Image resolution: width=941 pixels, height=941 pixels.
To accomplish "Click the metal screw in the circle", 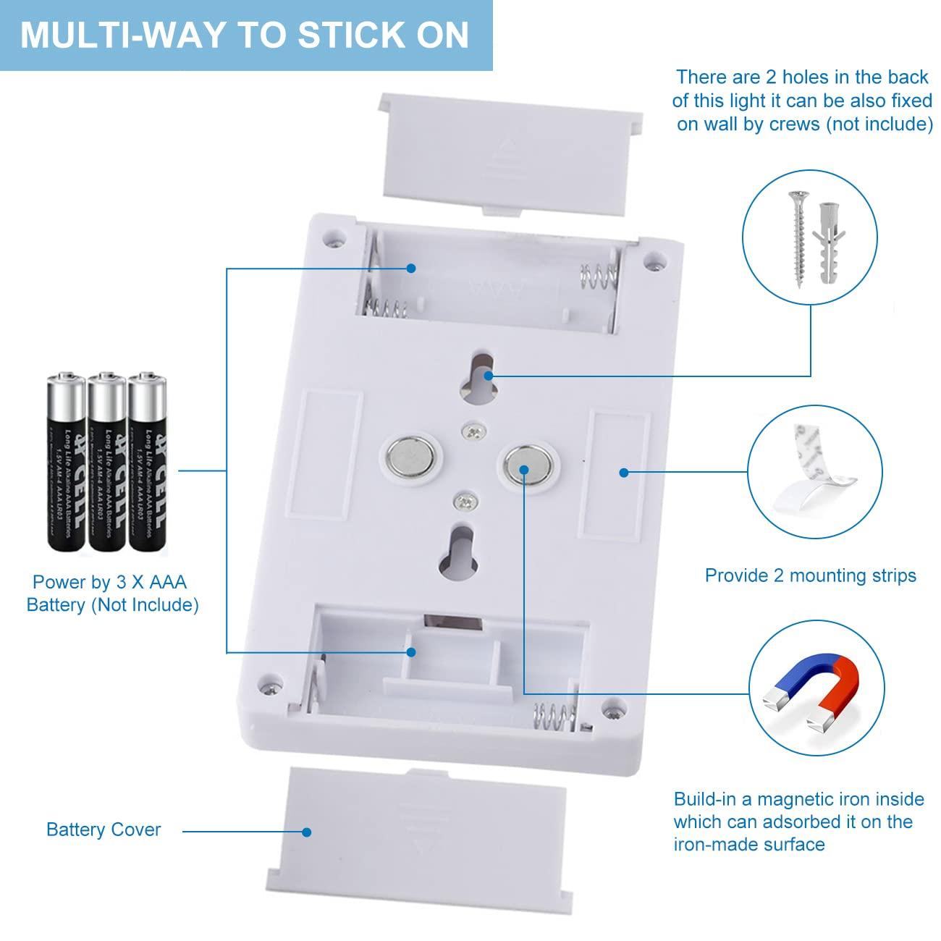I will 798,237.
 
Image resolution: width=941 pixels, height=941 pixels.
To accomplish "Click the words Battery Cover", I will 104,830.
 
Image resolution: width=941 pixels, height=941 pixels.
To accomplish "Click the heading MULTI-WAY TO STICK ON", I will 245,35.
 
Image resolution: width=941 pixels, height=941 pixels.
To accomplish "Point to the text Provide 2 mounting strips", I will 810,575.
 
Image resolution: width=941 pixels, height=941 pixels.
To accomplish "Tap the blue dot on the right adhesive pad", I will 623,473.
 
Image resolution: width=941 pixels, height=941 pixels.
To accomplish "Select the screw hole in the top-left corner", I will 335,237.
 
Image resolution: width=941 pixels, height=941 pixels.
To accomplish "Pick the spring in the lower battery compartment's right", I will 555,717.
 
